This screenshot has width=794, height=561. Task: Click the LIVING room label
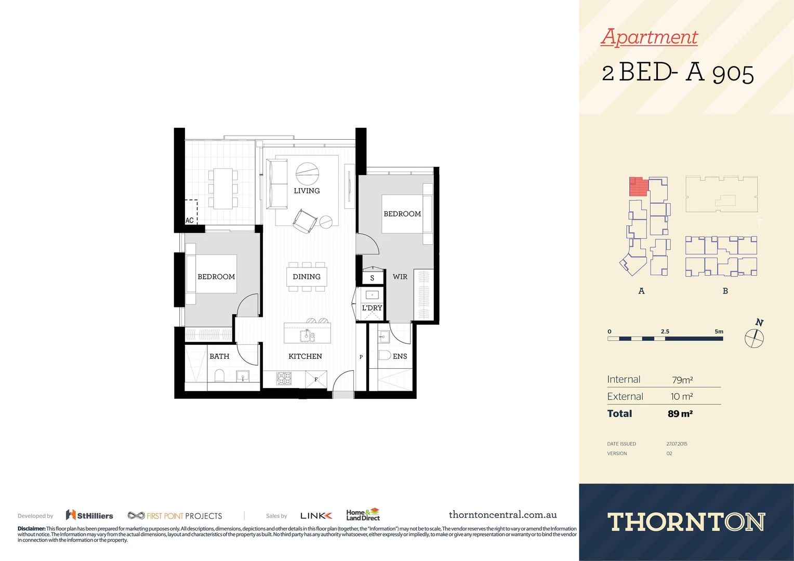(307, 191)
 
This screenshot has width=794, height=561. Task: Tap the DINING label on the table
(307, 277)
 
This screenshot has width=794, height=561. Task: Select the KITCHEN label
(305, 356)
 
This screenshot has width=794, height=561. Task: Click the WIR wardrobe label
(400, 277)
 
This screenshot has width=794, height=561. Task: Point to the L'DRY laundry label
(372, 308)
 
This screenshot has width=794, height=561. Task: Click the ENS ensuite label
(400, 356)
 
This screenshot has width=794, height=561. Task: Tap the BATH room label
(219, 356)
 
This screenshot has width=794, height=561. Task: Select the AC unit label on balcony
(190, 220)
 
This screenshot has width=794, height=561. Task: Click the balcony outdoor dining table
(223, 188)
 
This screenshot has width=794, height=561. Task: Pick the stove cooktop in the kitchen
(284, 378)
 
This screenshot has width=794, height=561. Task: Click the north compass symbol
(754, 338)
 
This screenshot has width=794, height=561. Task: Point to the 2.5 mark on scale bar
(665, 331)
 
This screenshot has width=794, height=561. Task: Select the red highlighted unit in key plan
(639, 186)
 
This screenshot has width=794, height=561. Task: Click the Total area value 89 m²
(680, 414)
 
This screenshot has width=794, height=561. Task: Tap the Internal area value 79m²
(682, 380)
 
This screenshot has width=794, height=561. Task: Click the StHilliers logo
(89, 515)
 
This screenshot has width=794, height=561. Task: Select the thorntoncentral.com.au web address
(502, 515)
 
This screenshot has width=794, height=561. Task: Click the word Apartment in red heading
(649, 37)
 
